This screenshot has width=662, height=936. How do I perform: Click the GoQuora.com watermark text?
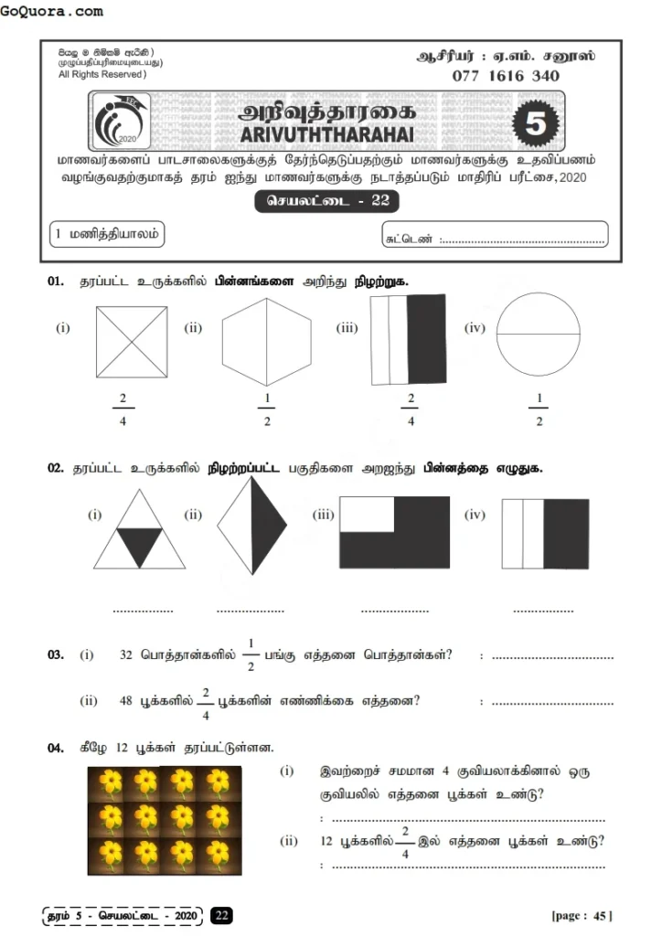coord(52,12)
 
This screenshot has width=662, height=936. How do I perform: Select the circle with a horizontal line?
coord(538,335)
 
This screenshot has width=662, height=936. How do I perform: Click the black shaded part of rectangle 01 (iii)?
coord(425,339)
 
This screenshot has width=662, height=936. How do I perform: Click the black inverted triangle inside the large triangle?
coord(140,545)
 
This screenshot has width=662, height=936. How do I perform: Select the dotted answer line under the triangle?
coord(142,610)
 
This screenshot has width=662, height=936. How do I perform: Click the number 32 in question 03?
coord(126,655)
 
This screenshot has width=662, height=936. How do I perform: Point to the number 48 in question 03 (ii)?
coord(126,701)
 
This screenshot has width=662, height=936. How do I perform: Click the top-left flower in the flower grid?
coord(110,782)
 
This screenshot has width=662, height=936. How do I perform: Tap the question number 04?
coord(56,748)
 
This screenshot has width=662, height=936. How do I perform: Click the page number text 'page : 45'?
coord(582,915)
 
